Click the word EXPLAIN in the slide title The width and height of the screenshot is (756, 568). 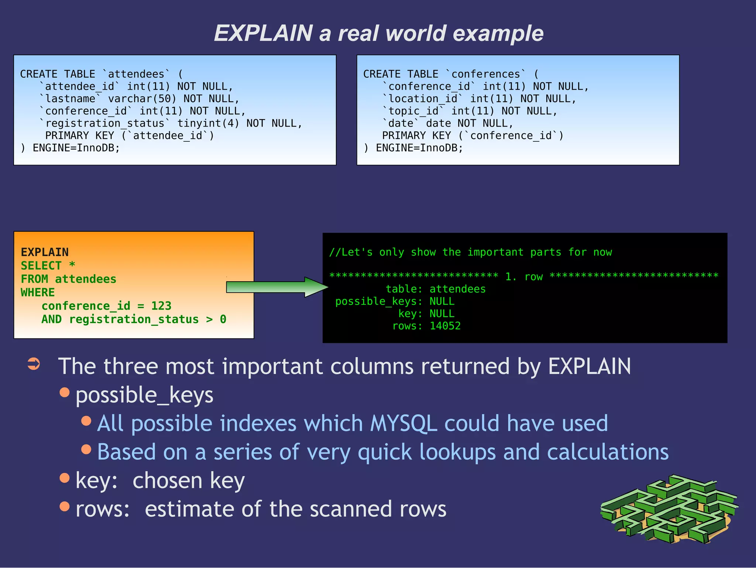pyautogui.click(x=263, y=33)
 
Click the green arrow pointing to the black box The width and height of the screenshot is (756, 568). pyautogui.click(x=277, y=287)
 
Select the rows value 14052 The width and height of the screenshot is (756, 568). pyautogui.click(x=445, y=326)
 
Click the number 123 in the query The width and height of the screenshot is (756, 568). pyautogui.click(x=161, y=306)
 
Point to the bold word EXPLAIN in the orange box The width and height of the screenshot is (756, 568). pyautogui.click(x=45, y=252)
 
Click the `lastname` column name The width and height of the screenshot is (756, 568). pyautogui.click(x=70, y=99)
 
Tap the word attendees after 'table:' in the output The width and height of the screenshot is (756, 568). pyautogui.click(x=457, y=289)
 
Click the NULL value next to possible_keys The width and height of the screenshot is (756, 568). pyautogui.click(x=442, y=302)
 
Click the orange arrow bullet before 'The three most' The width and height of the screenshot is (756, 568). pyautogui.click(x=34, y=364)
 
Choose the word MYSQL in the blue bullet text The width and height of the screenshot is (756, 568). pyautogui.click(x=403, y=423)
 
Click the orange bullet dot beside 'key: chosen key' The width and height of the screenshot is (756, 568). pyautogui.click(x=65, y=478)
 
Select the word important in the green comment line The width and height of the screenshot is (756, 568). pyautogui.click(x=495, y=252)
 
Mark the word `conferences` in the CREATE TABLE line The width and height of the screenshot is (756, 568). pyautogui.click(x=486, y=74)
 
